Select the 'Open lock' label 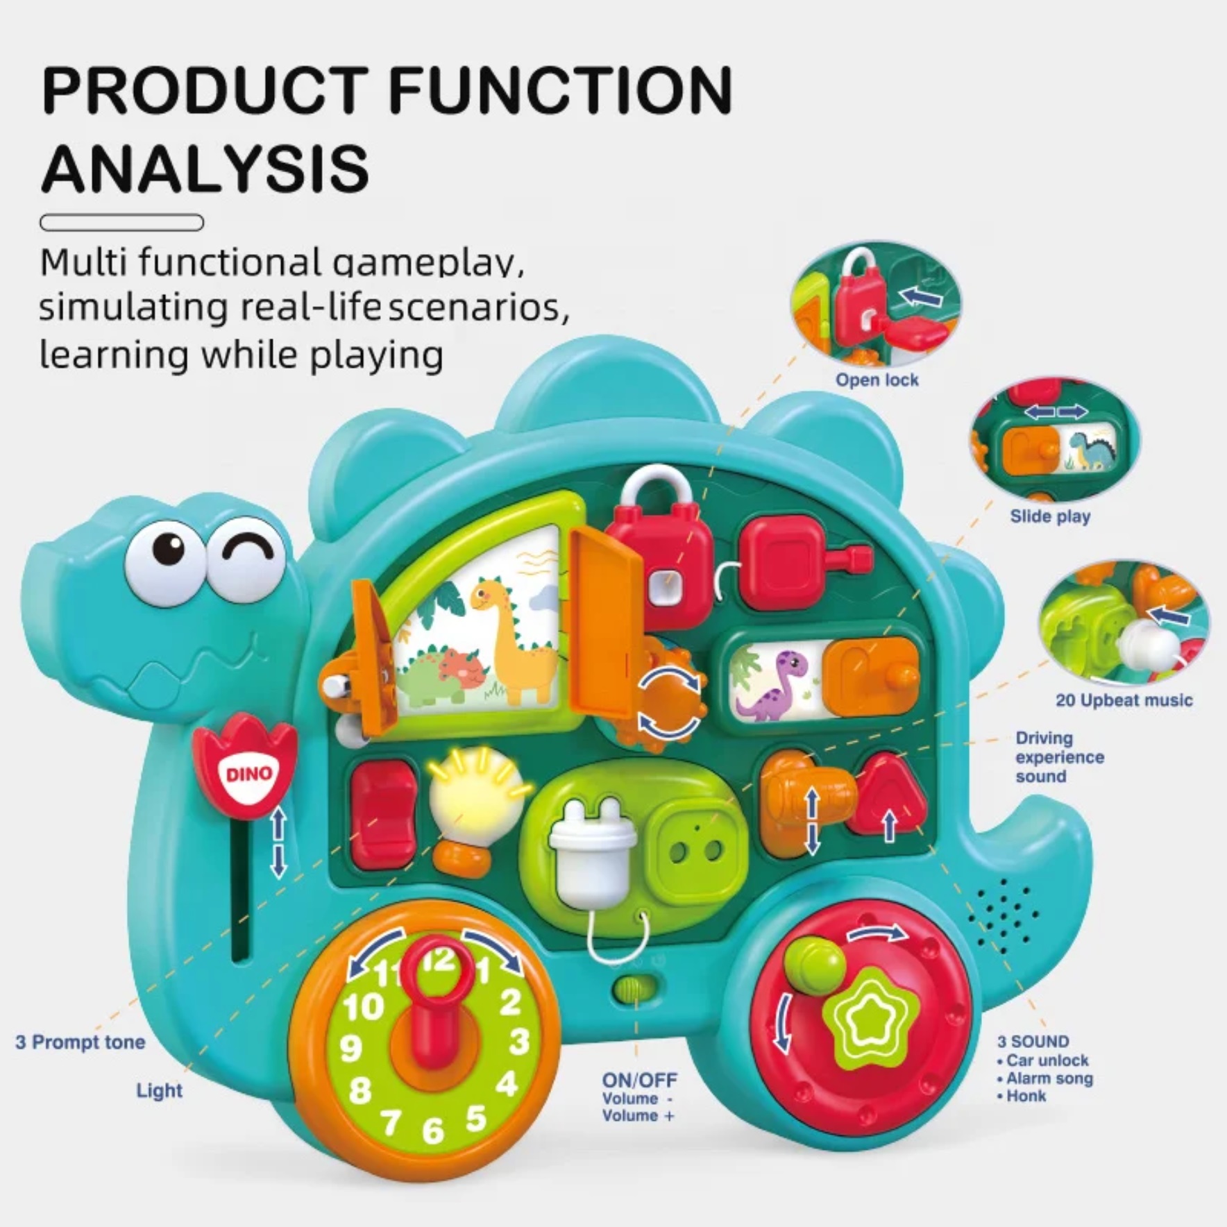(877, 380)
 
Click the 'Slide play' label (1050, 516)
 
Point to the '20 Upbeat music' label (1124, 700)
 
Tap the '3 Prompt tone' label (81, 1042)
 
